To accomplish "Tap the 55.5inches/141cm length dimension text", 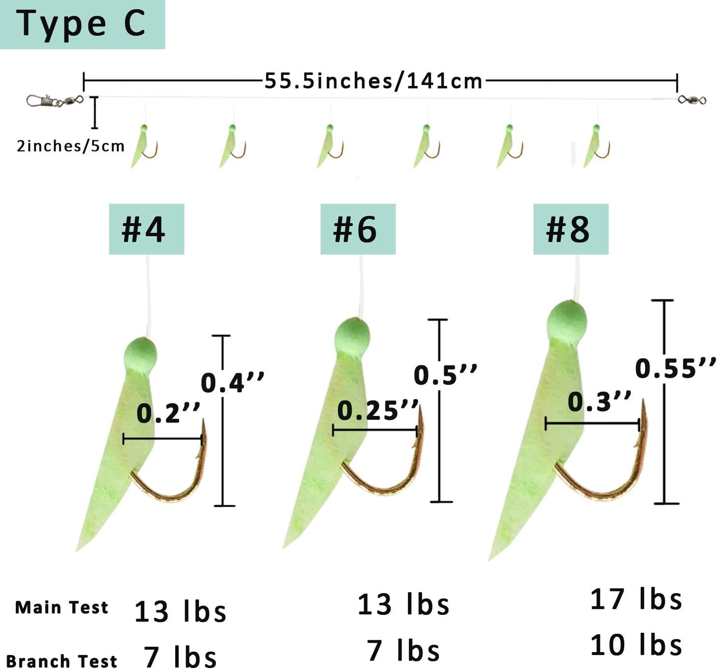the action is (373, 81).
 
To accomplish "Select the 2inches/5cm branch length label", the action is (70, 146).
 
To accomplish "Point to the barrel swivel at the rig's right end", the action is (692, 100).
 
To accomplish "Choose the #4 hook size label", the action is (146, 229).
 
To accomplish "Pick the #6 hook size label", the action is (358, 229).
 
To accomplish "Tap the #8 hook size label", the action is (571, 229).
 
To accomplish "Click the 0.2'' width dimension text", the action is (168, 413).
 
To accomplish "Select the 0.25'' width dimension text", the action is (378, 411).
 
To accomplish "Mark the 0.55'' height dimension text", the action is (675, 368).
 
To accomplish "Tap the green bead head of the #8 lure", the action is (567, 320).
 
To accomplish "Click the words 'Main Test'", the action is (62, 607).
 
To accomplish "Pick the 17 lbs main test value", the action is (636, 600).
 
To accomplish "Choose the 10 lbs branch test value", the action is (636, 645).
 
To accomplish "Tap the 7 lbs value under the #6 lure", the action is (403, 650).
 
